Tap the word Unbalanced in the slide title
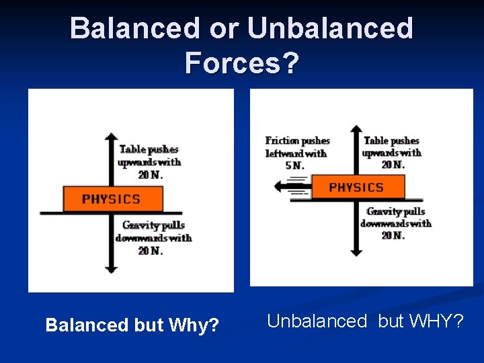(x=330, y=28)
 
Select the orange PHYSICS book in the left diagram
(x=112, y=199)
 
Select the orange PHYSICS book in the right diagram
(x=357, y=187)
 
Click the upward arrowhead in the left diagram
(x=112, y=136)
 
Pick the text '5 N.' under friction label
(x=294, y=165)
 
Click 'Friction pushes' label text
(x=297, y=140)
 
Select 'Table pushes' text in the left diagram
(x=149, y=149)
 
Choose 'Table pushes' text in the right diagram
(x=391, y=140)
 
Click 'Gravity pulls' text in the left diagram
(x=153, y=225)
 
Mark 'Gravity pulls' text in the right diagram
(x=396, y=212)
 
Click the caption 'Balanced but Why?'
(x=132, y=325)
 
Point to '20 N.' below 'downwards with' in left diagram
(x=151, y=251)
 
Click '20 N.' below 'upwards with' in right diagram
(x=393, y=165)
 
